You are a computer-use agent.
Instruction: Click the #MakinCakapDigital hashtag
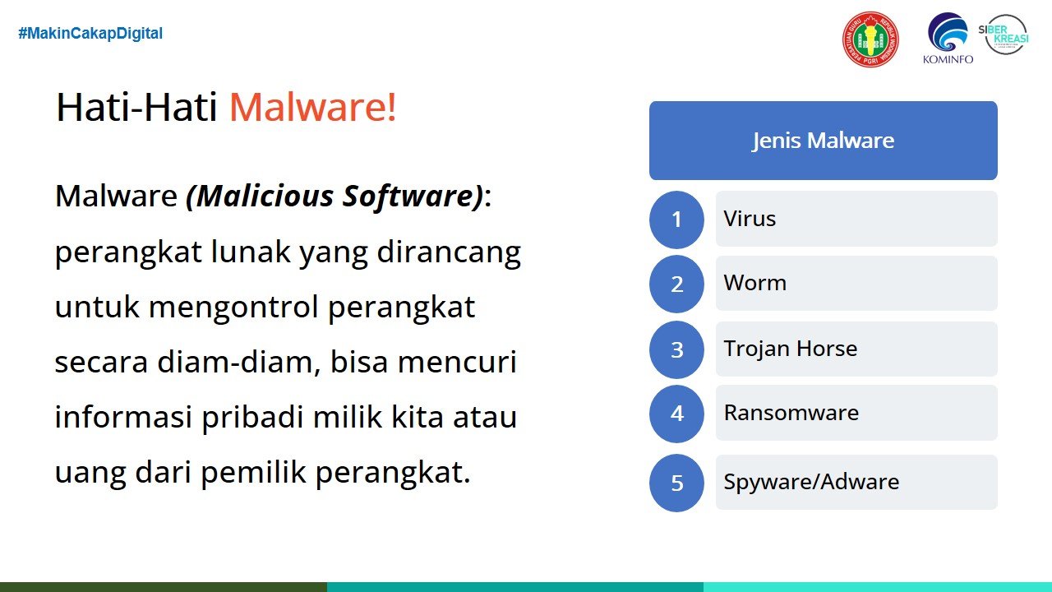pyautogui.click(x=90, y=34)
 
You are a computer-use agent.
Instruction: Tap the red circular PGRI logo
pyautogui.click(x=870, y=39)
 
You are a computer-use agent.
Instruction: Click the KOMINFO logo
pyautogui.click(x=948, y=39)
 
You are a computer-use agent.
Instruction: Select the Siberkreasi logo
pyautogui.click(x=1004, y=35)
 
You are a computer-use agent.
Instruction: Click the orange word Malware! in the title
pyautogui.click(x=313, y=107)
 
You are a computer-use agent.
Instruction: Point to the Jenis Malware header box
pyautogui.click(x=824, y=141)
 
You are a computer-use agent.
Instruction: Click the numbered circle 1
pyautogui.click(x=676, y=220)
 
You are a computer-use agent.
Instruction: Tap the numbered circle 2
pyautogui.click(x=676, y=284)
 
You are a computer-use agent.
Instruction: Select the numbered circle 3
pyautogui.click(x=676, y=349)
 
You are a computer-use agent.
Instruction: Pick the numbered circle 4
pyautogui.click(x=676, y=414)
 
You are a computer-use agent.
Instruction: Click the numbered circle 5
pyautogui.click(x=676, y=483)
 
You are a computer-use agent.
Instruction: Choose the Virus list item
pyautogui.click(x=856, y=219)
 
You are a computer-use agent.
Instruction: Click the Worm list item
pyautogui.click(x=856, y=284)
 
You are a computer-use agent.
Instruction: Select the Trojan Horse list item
pyautogui.click(x=856, y=349)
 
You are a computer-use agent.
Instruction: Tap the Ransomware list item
pyautogui.click(x=856, y=413)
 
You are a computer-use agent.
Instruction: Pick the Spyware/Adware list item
pyautogui.click(x=856, y=482)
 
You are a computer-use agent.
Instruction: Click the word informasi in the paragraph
pyautogui.click(x=123, y=416)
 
